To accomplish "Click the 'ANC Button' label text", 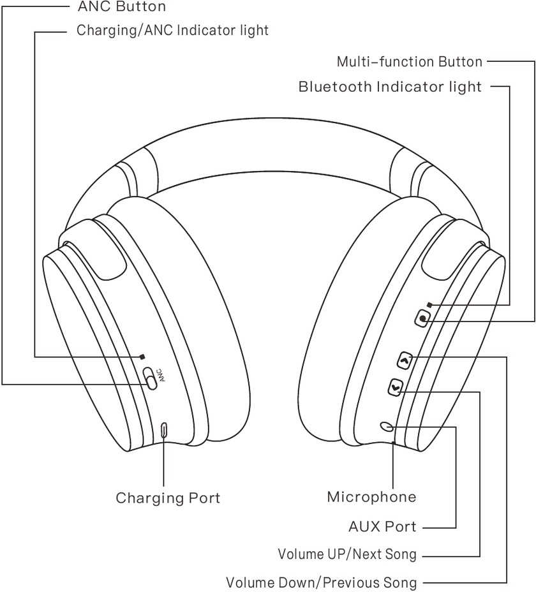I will pyautogui.click(x=121, y=7).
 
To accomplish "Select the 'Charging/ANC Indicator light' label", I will pyautogui.click(x=172, y=31).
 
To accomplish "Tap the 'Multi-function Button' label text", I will pyautogui.click(x=409, y=62).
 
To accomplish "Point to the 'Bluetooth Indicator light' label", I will pyautogui.click(x=390, y=87).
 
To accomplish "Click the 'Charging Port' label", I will pyautogui.click(x=168, y=498).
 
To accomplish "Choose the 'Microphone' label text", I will pyautogui.click(x=371, y=497).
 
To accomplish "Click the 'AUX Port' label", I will pyautogui.click(x=382, y=527).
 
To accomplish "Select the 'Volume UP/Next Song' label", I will pyautogui.click(x=346, y=554).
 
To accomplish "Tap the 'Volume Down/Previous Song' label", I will pyautogui.click(x=322, y=582).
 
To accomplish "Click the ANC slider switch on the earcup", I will pyautogui.click(x=150, y=378).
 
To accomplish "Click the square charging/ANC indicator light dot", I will pyautogui.click(x=143, y=357).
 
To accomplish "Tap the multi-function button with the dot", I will pyautogui.click(x=423, y=317).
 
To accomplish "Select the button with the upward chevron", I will pyautogui.click(x=404, y=361).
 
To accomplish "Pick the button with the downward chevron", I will pyautogui.click(x=396, y=387).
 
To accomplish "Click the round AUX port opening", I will pyautogui.click(x=387, y=426).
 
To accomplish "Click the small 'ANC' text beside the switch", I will pyautogui.click(x=161, y=374).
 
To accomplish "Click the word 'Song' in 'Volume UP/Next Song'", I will pyautogui.click(x=401, y=554).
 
